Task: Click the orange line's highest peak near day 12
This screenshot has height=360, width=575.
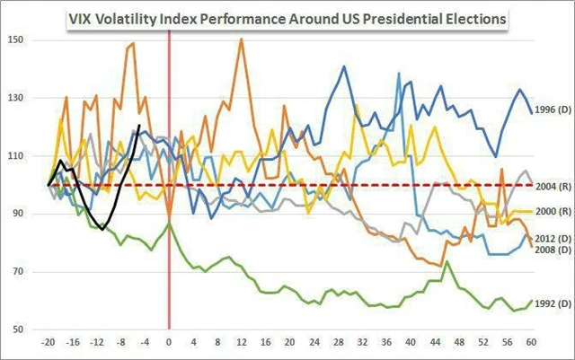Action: [x=241, y=39]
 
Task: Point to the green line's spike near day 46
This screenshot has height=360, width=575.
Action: [x=447, y=261]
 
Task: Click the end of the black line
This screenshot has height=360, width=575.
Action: [x=139, y=126]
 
